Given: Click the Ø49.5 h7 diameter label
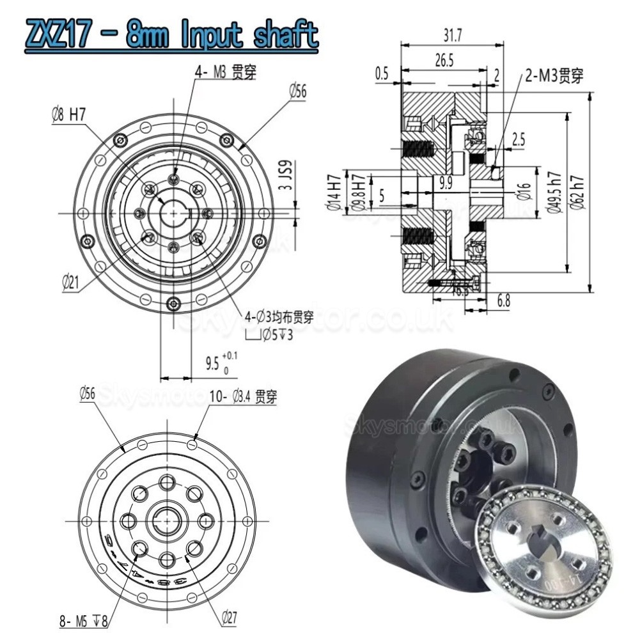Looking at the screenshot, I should pyautogui.click(x=556, y=191).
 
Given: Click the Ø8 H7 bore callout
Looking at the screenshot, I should pyautogui.click(x=68, y=115).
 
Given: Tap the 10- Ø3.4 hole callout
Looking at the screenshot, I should pyautogui.click(x=243, y=397).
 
